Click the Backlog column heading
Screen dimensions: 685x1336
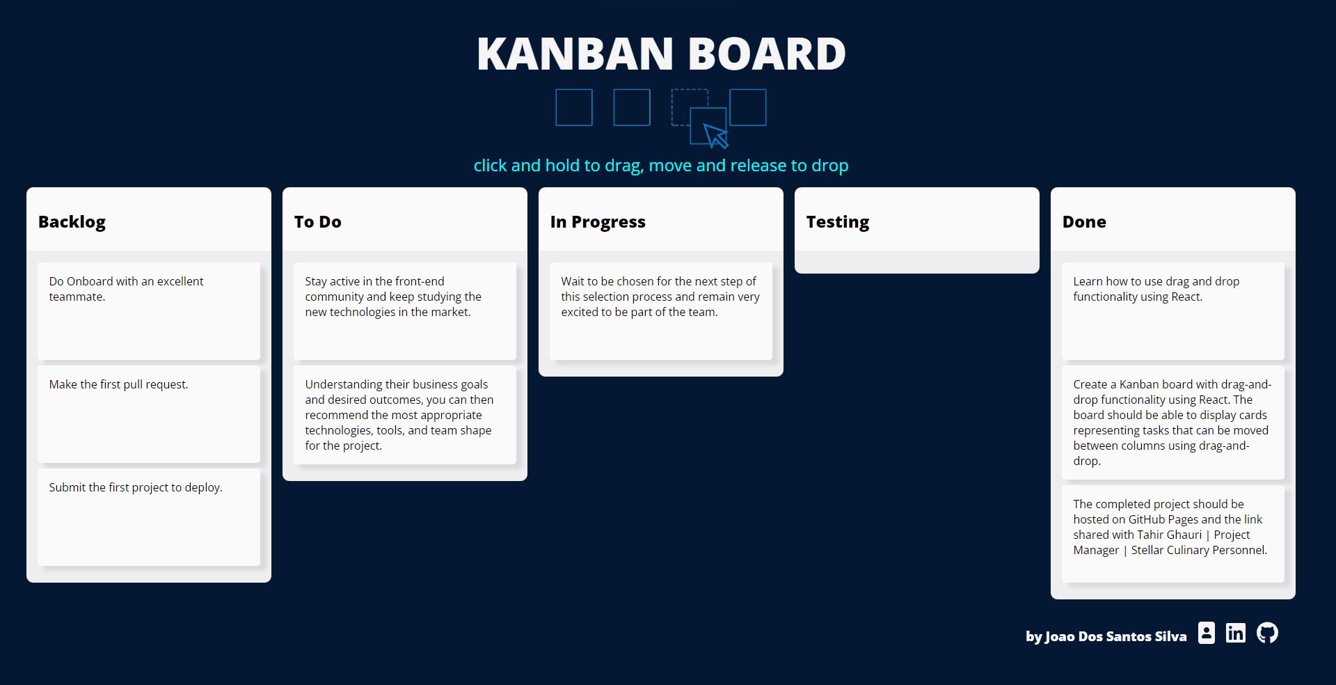tap(72, 222)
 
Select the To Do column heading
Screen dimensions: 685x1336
tap(318, 222)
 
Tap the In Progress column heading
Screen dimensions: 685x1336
tap(598, 222)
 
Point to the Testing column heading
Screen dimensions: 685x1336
tap(838, 222)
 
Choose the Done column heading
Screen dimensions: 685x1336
tap(1084, 222)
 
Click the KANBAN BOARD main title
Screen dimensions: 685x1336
tap(661, 54)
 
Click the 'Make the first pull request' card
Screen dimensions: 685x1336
tap(149, 414)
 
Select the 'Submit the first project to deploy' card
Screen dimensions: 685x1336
tap(149, 517)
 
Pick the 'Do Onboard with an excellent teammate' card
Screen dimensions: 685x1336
tap(149, 310)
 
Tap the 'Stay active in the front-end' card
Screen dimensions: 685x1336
tap(405, 310)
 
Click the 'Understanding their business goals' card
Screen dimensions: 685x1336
tap(405, 415)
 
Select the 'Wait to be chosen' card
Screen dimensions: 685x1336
tap(661, 310)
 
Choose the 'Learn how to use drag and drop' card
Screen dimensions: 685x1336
tap(1173, 310)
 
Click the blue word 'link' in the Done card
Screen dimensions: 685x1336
tap(1253, 519)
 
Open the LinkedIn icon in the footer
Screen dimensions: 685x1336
tap(1236, 633)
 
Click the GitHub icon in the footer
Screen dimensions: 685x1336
tap(1267, 633)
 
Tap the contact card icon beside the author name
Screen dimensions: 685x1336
tap(1207, 633)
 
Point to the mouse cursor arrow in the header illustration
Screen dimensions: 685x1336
tap(715, 135)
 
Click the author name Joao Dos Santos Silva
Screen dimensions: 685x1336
tap(1106, 636)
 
